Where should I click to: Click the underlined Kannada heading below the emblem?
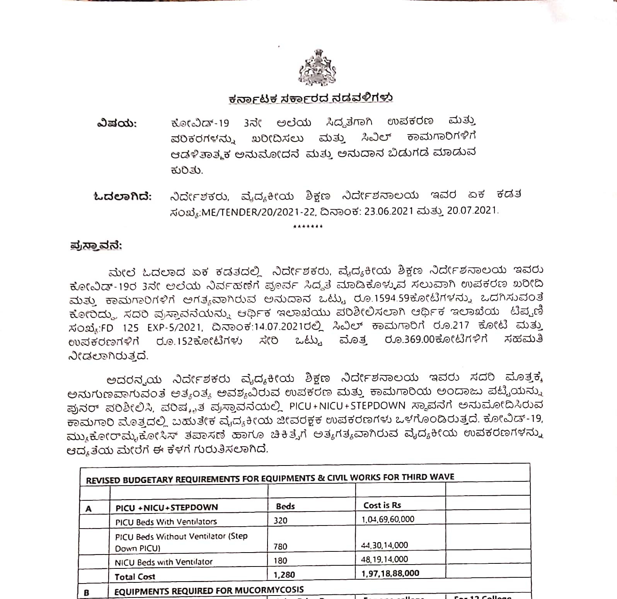pos(310,99)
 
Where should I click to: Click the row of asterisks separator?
pos(308,226)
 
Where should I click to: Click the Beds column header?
pos(285,506)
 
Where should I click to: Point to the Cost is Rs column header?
pos(382,505)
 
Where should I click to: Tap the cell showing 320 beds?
pos(280,520)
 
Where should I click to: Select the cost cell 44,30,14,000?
pos(384,545)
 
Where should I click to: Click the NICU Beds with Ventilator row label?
pos(164,562)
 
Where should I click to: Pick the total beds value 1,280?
pos(284,575)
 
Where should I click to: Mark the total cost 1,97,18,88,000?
pos(390,573)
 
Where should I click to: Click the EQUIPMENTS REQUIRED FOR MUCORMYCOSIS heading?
pos(209,590)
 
